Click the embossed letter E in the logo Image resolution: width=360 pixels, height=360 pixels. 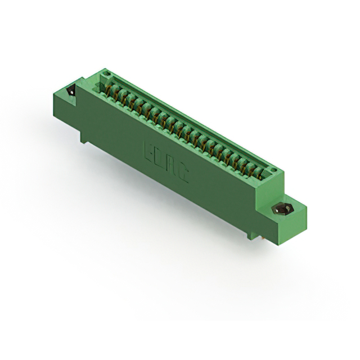[x=150, y=151]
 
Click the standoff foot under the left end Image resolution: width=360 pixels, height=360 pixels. [x=83, y=137]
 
